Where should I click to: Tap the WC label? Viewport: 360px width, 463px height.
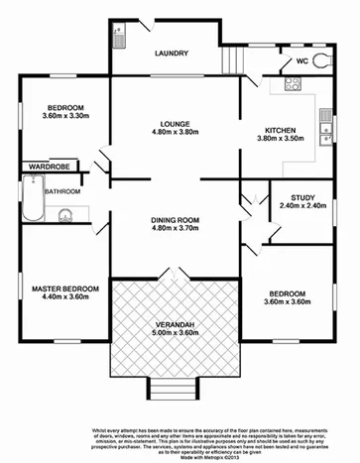tap(300, 61)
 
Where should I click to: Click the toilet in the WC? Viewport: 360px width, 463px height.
tap(322, 61)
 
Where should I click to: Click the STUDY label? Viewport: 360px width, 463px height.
tap(297, 197)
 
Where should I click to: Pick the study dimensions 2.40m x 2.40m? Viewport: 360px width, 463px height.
tap(297, 207)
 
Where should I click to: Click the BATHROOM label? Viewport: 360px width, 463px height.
tap(61, 190)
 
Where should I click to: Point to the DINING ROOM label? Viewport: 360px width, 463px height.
tap(175, 220)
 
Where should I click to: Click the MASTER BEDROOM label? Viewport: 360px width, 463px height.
tap(65, 289)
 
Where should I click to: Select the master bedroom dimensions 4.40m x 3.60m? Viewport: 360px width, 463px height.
tap(65, 298)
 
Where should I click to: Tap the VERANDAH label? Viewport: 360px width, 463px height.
tap(175, 323)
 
